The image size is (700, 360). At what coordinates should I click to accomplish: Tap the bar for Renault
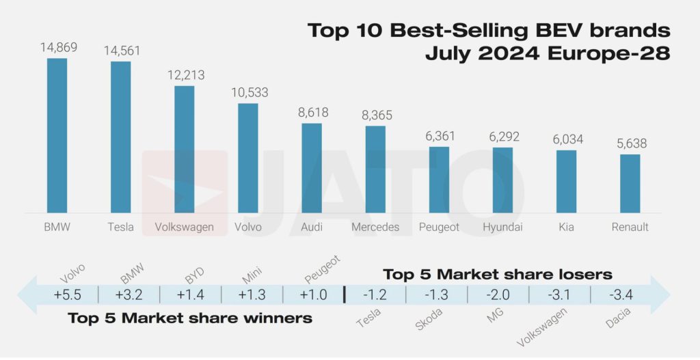630,183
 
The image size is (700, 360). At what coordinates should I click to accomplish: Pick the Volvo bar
248,158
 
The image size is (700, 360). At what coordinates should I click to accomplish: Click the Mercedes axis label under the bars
375,227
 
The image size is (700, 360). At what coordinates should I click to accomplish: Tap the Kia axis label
566,227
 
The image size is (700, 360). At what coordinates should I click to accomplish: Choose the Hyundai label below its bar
502,227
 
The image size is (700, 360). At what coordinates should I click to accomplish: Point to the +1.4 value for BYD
190,294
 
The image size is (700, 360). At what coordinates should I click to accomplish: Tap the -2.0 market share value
498,294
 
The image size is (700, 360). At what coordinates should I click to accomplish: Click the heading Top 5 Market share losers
497,275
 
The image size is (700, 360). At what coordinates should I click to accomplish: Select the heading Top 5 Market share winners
190,318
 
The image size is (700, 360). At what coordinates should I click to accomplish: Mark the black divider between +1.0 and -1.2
344,294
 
